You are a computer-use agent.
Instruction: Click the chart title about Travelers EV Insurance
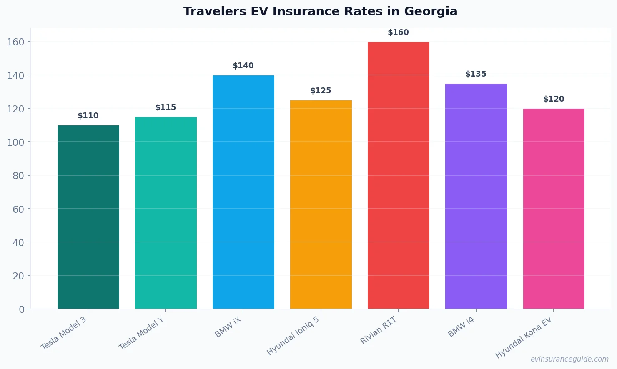(320, 12)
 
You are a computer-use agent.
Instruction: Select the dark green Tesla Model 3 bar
(88, 217)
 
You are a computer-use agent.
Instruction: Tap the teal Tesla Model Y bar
(166, 212)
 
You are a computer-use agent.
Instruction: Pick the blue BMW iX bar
(243, 192)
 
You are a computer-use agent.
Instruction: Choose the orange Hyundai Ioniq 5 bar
(321, 204)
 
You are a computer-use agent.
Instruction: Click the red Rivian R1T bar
(399, 175)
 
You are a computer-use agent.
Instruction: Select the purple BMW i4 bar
(476, 196)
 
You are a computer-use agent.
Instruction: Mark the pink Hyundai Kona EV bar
(554, 208)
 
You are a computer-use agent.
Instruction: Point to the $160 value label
(398, 32)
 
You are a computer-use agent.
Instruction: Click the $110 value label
(88, 116)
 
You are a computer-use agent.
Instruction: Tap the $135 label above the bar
(476, 74)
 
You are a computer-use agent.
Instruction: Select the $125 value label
(321, 91)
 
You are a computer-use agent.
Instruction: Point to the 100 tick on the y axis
(15, 142)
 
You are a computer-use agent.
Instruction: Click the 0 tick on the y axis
(22, 309)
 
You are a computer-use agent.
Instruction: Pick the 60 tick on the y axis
(18, 209)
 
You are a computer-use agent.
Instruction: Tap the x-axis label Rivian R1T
(379, 330)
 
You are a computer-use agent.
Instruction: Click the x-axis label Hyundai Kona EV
(524, 337)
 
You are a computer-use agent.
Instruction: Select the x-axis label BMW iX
(228, 327)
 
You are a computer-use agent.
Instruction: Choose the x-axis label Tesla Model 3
(64, 333)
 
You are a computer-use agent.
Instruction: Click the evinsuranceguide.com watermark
(569, 359)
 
